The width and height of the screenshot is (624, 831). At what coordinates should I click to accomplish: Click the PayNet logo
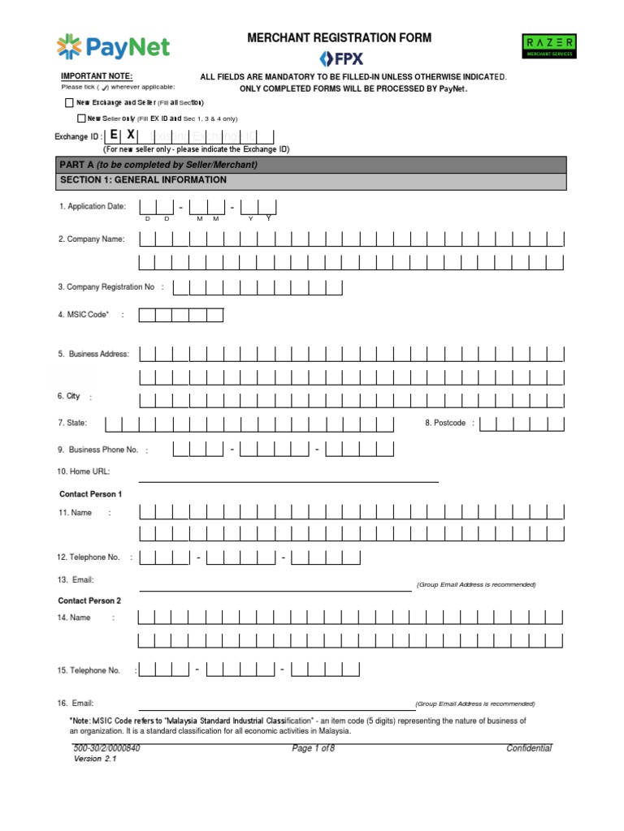(113, 47)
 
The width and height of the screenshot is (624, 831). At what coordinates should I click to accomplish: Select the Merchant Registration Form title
(340, 37)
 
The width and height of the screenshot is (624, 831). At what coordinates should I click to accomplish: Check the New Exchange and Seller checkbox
(68, 103)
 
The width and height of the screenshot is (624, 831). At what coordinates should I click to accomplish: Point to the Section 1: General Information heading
(142, 180)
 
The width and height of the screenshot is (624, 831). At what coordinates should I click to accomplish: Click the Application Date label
(92, 207)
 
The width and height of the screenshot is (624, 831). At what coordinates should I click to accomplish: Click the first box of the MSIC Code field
(147, 315)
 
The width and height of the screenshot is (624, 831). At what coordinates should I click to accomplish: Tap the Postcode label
(445, 423)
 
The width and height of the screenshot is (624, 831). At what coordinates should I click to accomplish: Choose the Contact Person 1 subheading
(90, 494)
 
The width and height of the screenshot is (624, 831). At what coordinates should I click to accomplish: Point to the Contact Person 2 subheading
(89, 601)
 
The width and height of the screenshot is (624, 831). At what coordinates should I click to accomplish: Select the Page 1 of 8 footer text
(313, 749)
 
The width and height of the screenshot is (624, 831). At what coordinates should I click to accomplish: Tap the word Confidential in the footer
(529, 748)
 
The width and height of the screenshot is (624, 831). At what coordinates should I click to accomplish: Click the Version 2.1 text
(95, 759)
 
